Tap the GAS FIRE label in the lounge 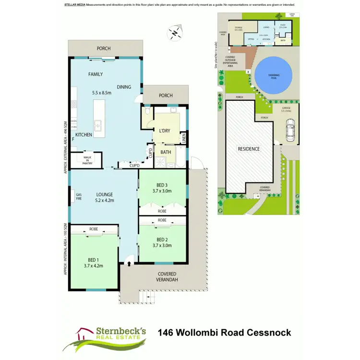coord(79,196)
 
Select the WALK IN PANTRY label coord(87,160)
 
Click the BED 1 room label coord(94,259)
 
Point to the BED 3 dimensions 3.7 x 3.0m coord(161,191)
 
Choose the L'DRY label coord(165,131)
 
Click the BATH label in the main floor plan coord(166,152)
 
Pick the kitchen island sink coord(99,126)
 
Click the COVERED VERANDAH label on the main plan coord(168,276)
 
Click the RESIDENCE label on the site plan coord(249,149)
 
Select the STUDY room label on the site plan coord(283,25)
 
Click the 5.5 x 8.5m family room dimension coord(102,92)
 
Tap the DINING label coord(123,87)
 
